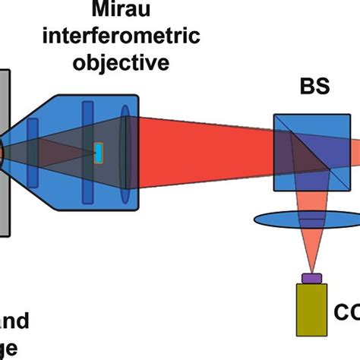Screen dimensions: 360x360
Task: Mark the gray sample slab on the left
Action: tap(5, 152)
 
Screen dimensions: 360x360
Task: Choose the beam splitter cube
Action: tap(311, 152)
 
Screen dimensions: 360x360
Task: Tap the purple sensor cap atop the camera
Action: tap(311, 279)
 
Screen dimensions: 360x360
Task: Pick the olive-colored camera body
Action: tap(311, 311)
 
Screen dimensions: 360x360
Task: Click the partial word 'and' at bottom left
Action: tap(15, 322)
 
